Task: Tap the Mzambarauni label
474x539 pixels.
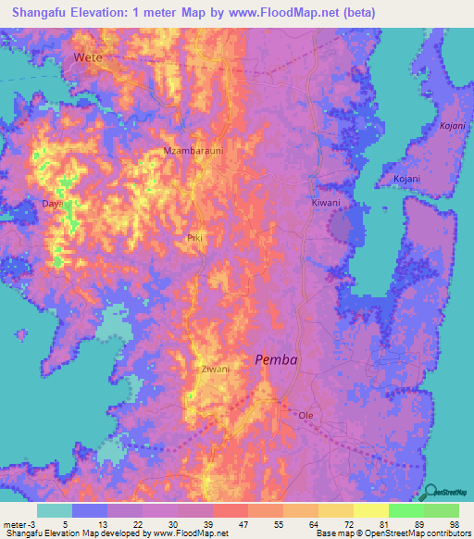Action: coord(194,150)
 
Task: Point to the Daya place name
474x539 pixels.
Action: coord(52,203)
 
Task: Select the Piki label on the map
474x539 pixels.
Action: coord(194,238)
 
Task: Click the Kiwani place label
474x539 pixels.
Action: coord(325,203)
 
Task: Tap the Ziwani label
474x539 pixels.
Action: coord(215,369)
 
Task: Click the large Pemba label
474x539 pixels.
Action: coord(276,360)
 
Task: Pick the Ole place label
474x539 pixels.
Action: coord(306,416)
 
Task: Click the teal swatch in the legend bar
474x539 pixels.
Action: coord(55,510)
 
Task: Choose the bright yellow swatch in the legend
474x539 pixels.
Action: coord(370,510)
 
